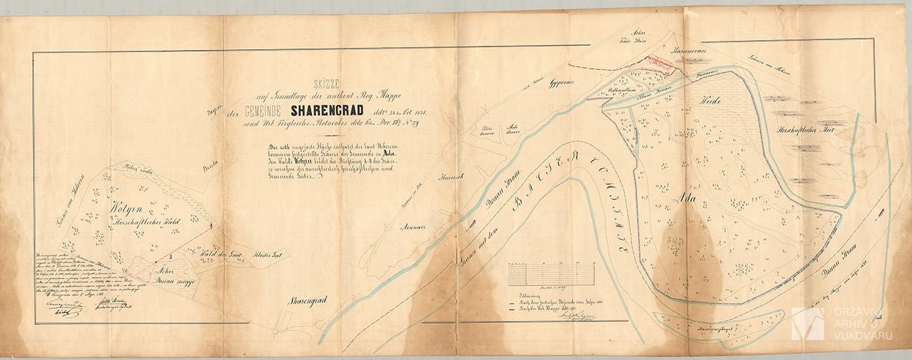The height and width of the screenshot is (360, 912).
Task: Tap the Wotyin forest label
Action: (125, 208)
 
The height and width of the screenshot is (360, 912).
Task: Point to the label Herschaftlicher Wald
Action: (144, 222)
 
